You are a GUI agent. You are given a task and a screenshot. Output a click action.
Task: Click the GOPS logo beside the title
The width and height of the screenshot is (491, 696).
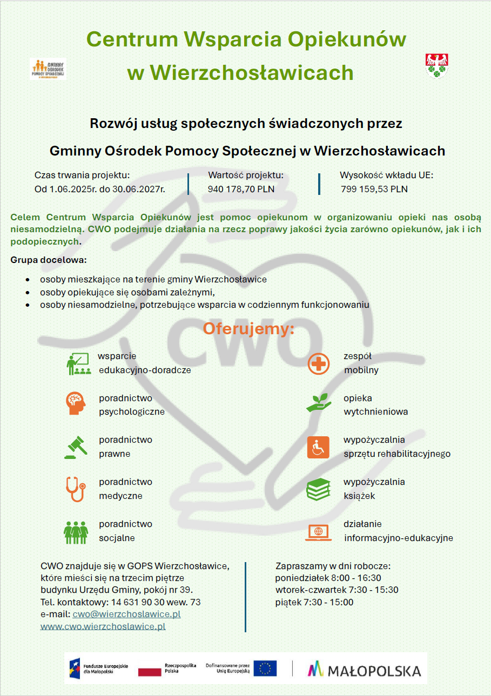click(x=48, y=69)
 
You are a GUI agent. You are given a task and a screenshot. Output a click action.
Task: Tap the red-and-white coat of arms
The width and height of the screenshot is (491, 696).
click(x=436, y=66)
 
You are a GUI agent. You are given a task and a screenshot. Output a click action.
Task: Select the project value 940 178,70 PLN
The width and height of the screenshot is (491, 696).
click(x=241, y=189)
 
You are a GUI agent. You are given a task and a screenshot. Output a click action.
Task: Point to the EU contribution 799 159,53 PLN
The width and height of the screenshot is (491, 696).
click(x=374, y=189)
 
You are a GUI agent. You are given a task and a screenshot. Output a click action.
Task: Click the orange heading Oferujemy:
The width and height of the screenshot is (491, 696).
click(x=248, y=328)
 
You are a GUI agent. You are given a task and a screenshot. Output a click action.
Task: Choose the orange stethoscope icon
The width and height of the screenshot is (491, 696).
click(x=76, y=489)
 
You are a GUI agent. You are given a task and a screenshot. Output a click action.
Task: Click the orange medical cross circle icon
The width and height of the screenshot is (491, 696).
click(x=319, y=363)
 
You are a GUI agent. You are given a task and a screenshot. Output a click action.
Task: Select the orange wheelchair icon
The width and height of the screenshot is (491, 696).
click(x=318, y=448)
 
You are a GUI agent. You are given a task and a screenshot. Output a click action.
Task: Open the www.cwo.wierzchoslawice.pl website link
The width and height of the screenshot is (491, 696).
click(x=103, y=627)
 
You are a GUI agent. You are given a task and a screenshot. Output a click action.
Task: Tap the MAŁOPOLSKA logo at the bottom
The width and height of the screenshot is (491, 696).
click(x=365, y=671)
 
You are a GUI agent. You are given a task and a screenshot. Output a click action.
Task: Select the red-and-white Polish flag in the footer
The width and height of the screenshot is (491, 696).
click(x=150, y=671)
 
